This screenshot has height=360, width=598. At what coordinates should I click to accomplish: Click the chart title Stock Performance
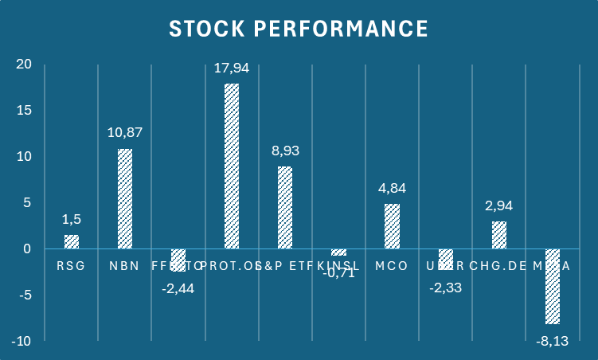299,28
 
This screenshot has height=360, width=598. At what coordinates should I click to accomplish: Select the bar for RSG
72,241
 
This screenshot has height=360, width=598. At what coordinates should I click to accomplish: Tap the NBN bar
125,198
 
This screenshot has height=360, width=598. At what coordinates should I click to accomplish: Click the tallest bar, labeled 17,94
232,166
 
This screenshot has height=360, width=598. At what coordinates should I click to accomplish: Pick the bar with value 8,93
285,207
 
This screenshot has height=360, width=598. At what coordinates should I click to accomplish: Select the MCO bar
392,226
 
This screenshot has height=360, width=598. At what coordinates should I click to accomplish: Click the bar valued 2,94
498,235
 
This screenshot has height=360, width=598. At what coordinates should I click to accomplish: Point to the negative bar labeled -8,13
552,287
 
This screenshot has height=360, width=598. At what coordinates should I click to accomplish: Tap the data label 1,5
72,219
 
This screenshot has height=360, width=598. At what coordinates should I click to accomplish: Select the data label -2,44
178,288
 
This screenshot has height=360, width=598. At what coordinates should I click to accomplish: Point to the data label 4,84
392,189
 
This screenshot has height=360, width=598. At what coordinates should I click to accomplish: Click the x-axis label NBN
125,265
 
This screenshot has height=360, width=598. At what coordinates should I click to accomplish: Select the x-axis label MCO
392,265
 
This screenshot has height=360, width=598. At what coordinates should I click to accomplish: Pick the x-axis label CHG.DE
498,265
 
